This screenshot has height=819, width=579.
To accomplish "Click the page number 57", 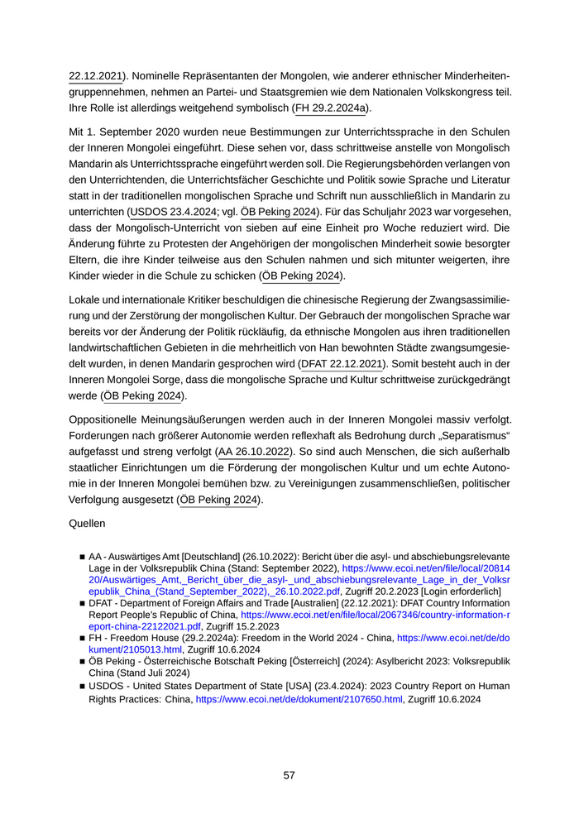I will coord(289,775).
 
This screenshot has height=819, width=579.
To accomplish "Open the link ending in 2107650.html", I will coord(299,699).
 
